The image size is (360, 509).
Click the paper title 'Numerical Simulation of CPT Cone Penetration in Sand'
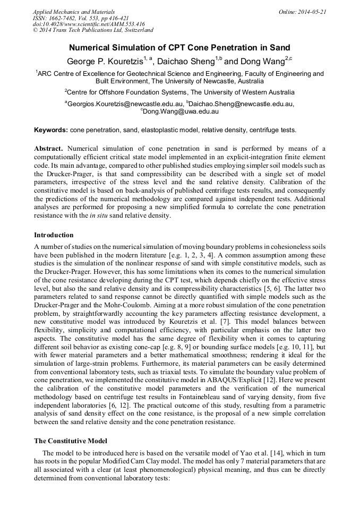[x=179, y=47]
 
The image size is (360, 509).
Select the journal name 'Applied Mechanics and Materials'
[x=74, y=11]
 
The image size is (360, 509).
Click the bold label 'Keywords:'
[x=51, y=130]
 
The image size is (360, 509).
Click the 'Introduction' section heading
[x=54, y=235]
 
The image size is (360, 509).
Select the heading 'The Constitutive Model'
[x=71, y=441]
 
